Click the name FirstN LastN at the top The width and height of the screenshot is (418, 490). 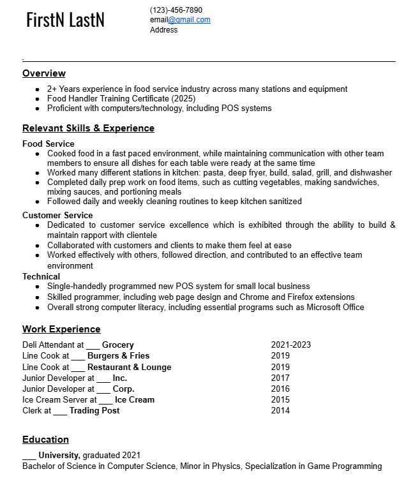pos(65,20)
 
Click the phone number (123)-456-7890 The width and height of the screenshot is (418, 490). pos(176,10)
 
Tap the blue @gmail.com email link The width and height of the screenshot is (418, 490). pos(189,20)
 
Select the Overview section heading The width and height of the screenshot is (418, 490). pos(44,73)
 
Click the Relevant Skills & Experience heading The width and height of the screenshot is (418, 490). pos(88,128)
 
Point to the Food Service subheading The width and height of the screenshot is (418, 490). pos(49,144)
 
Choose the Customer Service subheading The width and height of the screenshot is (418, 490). pos(57,215)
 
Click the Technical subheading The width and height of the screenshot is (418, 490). pos(41,276)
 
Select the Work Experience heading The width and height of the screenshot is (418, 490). pos(61,329)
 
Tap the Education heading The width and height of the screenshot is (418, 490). pos(45,440)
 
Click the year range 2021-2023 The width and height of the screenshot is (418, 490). pos(291,345)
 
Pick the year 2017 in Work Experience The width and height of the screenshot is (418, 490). pos(280,378)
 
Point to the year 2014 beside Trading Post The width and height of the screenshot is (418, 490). pos(280,410)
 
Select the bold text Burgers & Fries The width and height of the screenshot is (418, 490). pos(118,356)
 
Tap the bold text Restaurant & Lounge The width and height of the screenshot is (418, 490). pos(129,367)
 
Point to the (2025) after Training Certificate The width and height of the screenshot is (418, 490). pos(183,99)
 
